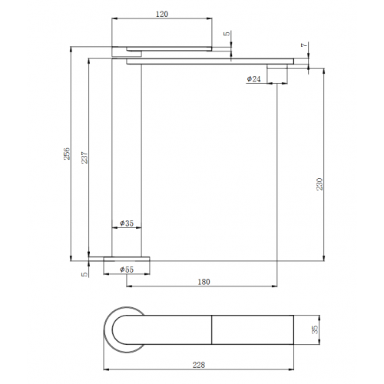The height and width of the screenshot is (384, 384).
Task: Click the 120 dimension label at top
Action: pyautogui.click(x=162, y=14)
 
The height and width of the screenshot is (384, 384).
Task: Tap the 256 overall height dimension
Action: pyautogui.click(x=67, y=154)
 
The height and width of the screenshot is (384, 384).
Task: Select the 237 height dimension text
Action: pyautogui.click(x=84, y=157)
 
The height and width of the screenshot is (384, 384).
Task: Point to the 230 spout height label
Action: pyautogui.click(x=319, y=184)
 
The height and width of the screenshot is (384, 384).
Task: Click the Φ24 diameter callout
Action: pyautogui.click(x=253, y=79)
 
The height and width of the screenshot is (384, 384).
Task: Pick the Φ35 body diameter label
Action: pyautogui.click(x=127, y=223)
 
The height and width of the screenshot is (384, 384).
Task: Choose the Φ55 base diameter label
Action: pyautogui.click(x=127, y=270)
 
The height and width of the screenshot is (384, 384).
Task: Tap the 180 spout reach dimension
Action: pyautogui.click(x=204, y=282)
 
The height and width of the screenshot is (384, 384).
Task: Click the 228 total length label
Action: pyautogui.click(x=199, y=365)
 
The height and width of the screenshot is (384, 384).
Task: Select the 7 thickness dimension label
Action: pyautogui.click(x=304, y=45)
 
